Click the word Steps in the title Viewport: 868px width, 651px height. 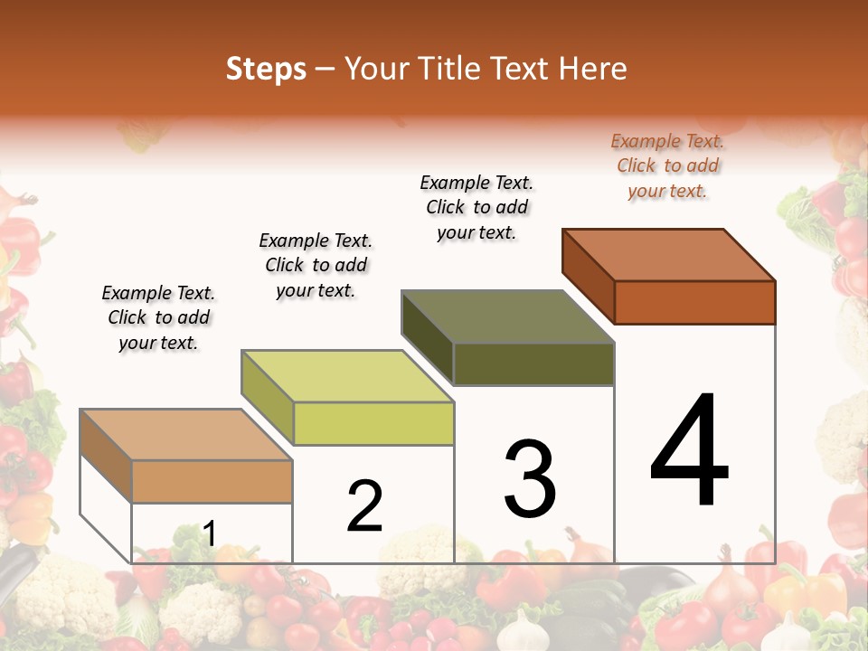(266, 69)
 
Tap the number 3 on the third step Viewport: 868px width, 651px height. (530, 479)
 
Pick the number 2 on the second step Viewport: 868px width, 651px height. (365, 506)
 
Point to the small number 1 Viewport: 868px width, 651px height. (210, 533)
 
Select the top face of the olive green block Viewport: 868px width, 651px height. (508, 316)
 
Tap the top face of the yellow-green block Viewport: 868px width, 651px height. (347, 376)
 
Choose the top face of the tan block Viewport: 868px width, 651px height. (186, 435)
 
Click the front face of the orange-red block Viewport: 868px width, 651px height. (694, 302)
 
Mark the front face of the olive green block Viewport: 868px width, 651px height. (533, 363)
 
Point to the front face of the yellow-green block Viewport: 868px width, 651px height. (373, 424)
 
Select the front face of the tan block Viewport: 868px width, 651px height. (212, 481)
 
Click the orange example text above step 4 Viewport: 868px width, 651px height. (667, 165)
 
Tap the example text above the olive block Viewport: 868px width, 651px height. (476, 207)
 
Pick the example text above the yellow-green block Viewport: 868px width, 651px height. (316, 265)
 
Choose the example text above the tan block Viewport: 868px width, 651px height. (158, 317)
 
